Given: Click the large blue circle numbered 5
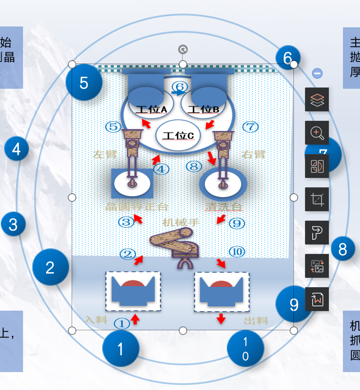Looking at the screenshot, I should tap(84, 82).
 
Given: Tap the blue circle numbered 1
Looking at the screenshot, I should tap(121, 349).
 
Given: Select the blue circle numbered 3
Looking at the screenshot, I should tap(13, 224).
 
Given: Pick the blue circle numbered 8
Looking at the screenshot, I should tap(343, 249).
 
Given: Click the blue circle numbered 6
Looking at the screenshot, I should tap(287, 57).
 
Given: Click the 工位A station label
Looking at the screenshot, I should tap(152, 110).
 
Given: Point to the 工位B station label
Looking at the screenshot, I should tap(204, 110).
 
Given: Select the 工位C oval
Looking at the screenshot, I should tap(179, 135).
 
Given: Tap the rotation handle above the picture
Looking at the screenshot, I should tap(183, 49).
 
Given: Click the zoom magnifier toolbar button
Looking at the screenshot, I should tap(317, 133).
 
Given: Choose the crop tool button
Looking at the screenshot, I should tap(317, 199).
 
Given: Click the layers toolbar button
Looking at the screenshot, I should tap(317, 99).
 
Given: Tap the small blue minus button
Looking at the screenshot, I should tap(317, 73).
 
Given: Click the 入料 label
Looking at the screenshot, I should tap(96, 319).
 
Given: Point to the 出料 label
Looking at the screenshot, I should tap(256, 321).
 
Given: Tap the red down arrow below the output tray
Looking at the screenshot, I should tap(221, 319).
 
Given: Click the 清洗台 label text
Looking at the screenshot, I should tap(224, 207).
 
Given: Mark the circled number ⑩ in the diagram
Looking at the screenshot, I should tap(237, 252).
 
